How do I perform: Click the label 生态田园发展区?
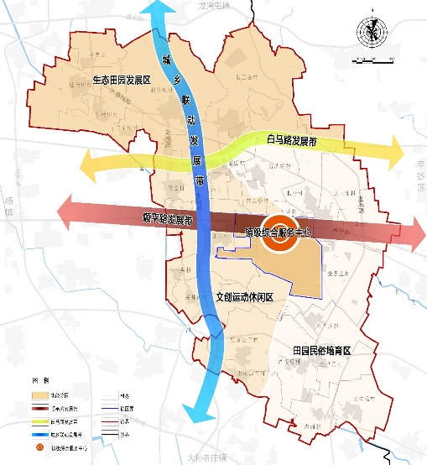click(121, 81)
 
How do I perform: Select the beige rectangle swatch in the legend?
click(39, 394)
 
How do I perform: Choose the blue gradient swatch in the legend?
click(39, 433)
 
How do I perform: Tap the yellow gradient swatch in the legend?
click(39, 420)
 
